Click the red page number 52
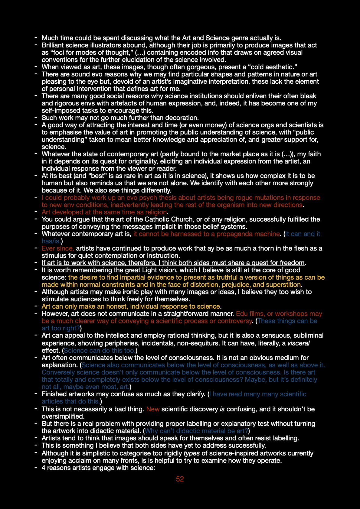180,479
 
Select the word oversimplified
63,417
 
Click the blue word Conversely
58,372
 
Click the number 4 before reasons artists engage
44,468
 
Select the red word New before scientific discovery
153,409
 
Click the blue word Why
151,431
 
